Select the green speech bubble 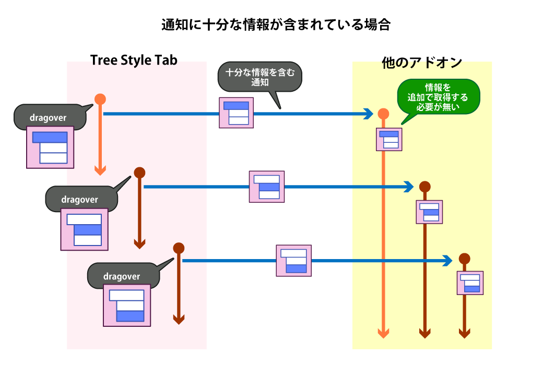(x=438, y=96)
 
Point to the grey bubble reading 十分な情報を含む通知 (x=259, y=78)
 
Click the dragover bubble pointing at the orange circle (x=49, y=117)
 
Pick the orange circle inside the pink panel (x=100, y=99)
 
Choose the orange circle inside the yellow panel (x=383, y=114)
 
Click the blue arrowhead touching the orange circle (x=369, y=114)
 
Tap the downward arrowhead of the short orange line (x=100, y=170)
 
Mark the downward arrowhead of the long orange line (x=383, y=333)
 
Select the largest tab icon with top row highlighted (x=50, y=148)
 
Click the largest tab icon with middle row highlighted (x=84, y=229)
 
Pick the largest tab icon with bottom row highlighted (x=127, y=305)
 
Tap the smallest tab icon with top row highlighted (x=389, y=139)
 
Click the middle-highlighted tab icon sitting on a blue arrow (x=267, y=187)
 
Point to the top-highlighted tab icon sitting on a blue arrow (x=236, y=113)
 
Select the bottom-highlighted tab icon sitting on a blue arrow (x=294, y=261)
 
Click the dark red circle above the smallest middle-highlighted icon (x=424, y=187)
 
